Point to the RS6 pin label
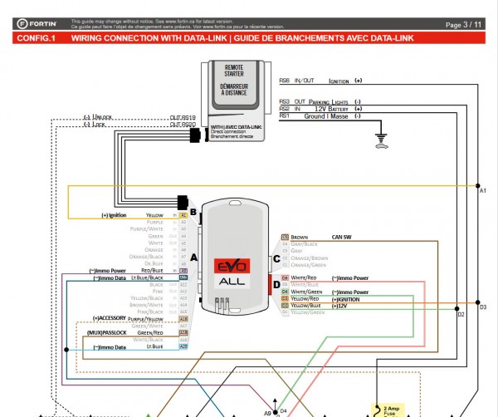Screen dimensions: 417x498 tap(284, 81)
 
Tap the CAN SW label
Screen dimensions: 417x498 tap(342, 237)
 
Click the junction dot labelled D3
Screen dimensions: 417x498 tap(478, 302)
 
